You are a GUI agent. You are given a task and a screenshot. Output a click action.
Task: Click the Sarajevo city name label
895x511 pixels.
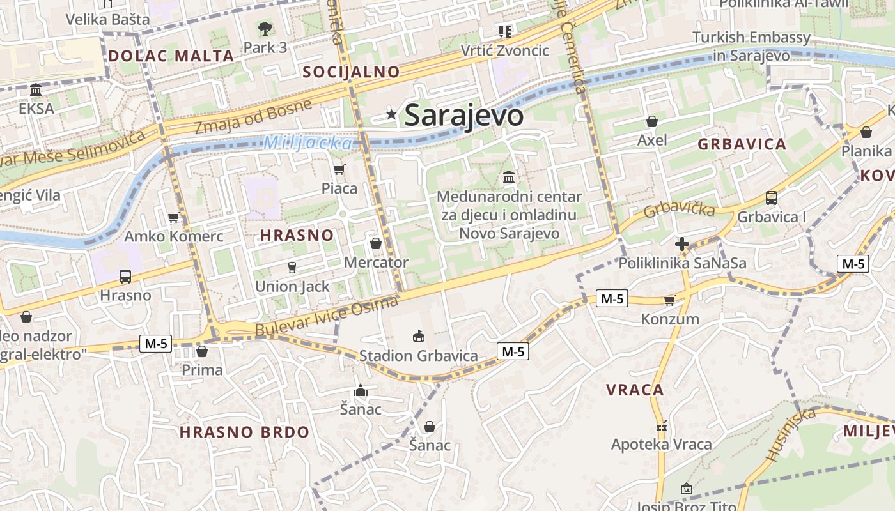point(464,116)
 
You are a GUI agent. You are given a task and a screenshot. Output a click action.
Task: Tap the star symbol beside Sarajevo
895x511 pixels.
point(391,114)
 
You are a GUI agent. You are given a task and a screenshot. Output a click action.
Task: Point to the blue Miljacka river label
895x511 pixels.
point(308,142)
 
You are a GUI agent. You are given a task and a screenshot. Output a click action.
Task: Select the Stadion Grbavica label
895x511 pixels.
point(418,356)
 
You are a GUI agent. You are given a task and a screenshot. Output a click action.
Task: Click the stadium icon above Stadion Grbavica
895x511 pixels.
point(419,336)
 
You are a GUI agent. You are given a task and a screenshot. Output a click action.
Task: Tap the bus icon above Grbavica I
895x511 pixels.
point(772,198)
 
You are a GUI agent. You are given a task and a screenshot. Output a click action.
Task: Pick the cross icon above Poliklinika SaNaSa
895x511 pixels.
point(682,244)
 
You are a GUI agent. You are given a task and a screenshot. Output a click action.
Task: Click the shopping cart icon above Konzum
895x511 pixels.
point(669,300)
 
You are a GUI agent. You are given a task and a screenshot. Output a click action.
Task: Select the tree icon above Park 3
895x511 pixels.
point(265,28)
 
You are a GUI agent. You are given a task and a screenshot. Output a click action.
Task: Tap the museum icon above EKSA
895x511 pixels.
point(36,89)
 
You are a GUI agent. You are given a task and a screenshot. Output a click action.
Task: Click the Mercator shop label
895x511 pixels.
point(376,263)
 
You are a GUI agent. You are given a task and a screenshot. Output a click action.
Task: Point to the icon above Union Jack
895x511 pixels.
point(292,267)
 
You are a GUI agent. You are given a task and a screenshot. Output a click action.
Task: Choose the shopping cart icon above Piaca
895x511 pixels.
point(339,169)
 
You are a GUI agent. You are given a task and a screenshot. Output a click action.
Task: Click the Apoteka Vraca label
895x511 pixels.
point(661,445)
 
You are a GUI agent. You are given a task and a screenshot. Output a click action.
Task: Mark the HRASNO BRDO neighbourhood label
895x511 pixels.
point(244,432)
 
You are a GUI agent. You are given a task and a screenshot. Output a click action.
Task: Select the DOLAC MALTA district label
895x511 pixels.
point(171,56)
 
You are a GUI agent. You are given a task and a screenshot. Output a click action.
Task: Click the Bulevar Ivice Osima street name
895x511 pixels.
point(327,317)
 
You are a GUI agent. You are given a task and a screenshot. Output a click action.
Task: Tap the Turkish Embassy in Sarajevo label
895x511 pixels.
point(751,47)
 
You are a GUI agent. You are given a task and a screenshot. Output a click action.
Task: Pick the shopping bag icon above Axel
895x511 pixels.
point(652,121)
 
